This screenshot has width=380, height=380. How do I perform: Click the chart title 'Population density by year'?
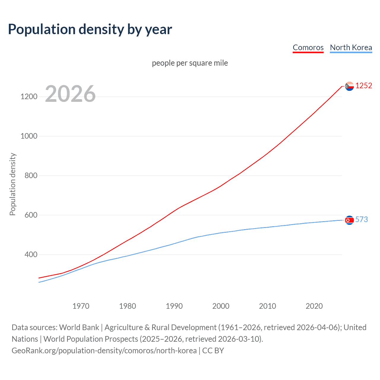click(x=90, y=29)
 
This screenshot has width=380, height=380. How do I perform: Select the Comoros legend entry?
click(x=308, y=47)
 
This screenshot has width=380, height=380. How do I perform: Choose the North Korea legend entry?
click(x=351, y=47)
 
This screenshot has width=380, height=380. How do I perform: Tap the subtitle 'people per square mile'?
click(x=190, y=63)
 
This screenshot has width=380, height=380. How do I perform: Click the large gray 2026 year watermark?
click(x=70, y=94)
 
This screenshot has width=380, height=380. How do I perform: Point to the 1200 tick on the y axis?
click(x=29, y=97)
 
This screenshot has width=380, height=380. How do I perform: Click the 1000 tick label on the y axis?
click(x=29, y=136)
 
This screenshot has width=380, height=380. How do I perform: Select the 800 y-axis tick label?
click(x=31, y=176)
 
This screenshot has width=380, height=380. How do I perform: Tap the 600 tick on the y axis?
click(x=31, y=215)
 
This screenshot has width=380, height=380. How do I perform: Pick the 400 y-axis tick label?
click(x=31, y=255)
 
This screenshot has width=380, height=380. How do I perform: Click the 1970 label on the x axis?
click(x=81, y=306)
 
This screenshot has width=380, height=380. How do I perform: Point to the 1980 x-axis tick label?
click(x=127, y=306)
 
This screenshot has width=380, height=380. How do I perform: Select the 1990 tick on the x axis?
click(x=174, y=306)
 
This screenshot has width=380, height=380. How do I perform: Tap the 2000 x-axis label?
click(x=221, y=306)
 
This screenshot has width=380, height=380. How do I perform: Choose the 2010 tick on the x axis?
click(x=267, y=306)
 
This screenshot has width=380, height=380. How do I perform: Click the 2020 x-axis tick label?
click(x=314, y=306)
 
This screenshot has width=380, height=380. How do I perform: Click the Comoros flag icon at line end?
click(x=349, y=86)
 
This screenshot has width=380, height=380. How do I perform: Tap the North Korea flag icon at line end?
click(x=349, y=220)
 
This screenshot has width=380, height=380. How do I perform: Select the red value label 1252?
click(x=364, y=86)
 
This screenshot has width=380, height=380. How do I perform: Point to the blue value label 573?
click(x=362, y=220)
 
